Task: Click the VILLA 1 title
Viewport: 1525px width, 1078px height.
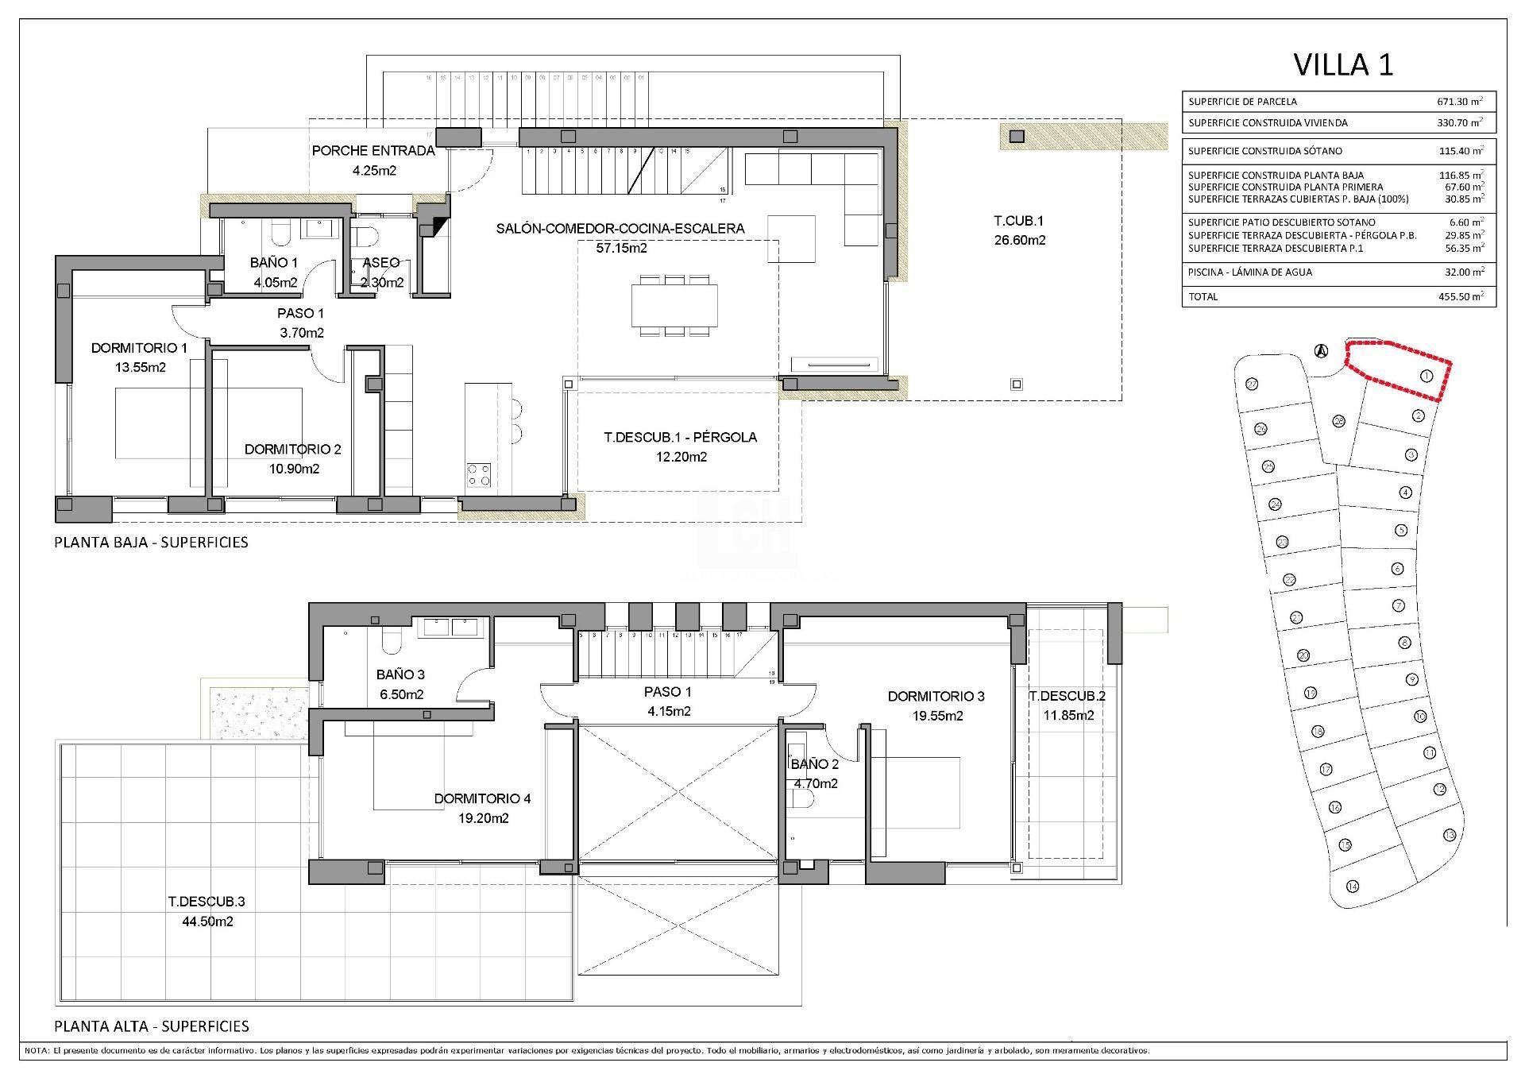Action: point(1343,65)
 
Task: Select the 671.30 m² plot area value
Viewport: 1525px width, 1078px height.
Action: point(1459,102)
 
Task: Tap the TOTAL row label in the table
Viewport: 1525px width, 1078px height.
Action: point(1203,297)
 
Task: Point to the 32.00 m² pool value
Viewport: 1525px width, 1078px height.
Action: point(1459,272)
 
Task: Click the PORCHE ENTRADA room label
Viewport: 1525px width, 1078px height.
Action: point(373,151)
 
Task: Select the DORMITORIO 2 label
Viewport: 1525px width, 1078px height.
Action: point(293,450)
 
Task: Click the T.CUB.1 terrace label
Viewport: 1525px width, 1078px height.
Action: point(1020,221)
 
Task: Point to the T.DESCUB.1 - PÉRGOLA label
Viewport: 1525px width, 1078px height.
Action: point(680,437)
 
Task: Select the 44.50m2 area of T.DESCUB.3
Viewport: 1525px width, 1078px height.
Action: point(207,922)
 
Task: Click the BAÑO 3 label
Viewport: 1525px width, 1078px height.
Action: point(400,674)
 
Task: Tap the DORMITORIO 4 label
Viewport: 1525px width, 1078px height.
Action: point(482,798)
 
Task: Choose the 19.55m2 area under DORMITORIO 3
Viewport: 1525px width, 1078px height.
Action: point(936,716)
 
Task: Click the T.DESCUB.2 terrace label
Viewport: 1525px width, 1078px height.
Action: point(1067,696)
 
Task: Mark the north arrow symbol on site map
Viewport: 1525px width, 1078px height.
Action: point(1321,350)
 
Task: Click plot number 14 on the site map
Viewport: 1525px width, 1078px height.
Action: point(1353,887)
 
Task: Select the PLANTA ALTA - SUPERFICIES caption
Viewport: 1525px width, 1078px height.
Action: point(152,1026)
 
